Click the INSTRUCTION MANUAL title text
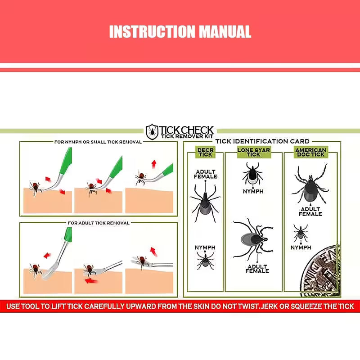click(180, 32)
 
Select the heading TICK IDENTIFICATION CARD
click(262, 141)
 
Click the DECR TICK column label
click(205, 153)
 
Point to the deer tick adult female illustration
click(205, 201)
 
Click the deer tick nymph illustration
click(205, 260)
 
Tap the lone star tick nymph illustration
click(253, 174)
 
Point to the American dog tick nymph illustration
click(301, 233)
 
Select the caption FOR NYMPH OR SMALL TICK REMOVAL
click(98, 142)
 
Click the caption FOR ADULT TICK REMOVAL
click(98, 223)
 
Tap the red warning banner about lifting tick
click(180, 306)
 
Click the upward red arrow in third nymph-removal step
click(154, 163)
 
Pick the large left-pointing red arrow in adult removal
click(91, 280)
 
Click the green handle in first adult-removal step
click(67, 236)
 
